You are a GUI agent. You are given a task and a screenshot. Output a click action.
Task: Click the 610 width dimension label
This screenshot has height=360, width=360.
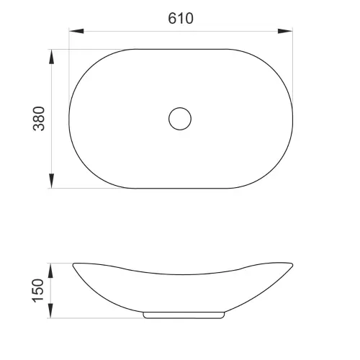[181, 18]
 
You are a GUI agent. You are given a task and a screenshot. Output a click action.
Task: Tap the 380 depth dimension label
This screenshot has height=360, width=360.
[39, 119]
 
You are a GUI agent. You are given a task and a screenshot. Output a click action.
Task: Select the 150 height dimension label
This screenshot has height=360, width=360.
[38, 290]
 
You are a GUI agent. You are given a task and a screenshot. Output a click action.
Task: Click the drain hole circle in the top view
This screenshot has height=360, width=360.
[180, 107]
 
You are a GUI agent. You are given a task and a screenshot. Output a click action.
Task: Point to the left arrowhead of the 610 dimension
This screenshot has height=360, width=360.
[76, 31]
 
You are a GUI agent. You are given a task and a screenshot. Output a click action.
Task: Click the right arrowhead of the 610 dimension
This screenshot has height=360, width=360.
[285, 31]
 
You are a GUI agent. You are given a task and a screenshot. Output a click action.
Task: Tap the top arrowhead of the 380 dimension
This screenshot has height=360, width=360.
[51, 57]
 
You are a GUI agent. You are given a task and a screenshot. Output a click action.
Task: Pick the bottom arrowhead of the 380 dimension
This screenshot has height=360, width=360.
[51, 181]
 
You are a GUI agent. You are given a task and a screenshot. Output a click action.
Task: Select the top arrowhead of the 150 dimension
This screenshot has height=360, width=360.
[50, 271]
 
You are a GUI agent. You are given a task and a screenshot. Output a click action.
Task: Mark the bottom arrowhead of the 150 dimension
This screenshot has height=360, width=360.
[50, 310]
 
